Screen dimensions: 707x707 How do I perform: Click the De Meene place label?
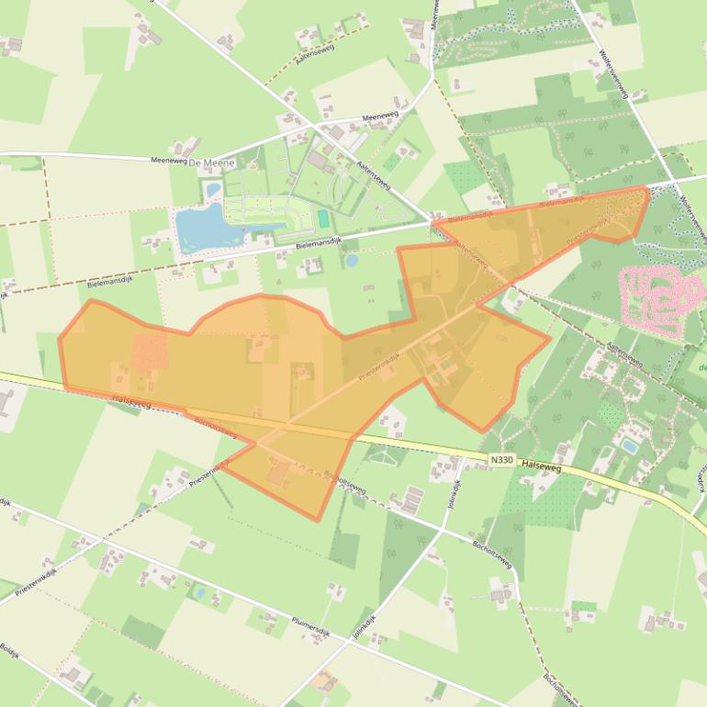click(x=212, y=163)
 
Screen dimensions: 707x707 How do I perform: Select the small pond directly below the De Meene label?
click(x=214, y=190)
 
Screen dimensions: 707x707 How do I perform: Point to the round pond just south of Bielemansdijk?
click(x=352, y=261)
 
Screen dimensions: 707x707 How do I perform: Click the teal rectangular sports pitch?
click(x=323, y=219)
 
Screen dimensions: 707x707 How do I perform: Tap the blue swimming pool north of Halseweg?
click(x=629, y=446)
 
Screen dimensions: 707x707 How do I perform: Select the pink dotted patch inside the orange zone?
click(x=150, y=350)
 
